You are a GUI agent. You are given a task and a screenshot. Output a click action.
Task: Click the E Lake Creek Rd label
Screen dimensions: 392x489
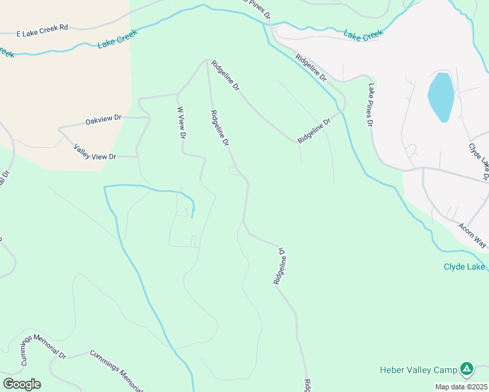click(42, 31)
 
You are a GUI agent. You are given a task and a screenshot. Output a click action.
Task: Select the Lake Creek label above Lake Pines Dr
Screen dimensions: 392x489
click(363, 35)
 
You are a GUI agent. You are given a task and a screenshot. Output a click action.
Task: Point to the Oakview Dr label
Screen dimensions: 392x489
click(104, 120)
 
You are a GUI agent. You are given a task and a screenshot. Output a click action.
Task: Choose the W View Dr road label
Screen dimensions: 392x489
click(182, 122)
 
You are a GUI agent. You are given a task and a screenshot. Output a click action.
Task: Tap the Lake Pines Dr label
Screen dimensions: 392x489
click(370, 105)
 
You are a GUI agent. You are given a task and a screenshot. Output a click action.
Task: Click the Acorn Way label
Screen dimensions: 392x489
click(471, 235)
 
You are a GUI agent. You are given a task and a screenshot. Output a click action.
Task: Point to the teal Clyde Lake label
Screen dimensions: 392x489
click(464, 267)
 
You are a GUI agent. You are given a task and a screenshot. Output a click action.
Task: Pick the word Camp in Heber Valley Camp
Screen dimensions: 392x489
click(443, 370)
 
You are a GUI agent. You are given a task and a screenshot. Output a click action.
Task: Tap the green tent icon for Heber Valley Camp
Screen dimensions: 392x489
click(466, 369)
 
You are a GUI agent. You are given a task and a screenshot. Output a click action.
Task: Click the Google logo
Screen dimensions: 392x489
click(22, 384)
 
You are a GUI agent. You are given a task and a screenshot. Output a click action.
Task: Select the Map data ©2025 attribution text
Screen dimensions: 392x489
click(461, 387)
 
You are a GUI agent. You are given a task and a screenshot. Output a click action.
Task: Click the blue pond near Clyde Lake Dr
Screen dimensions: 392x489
click(441, 97)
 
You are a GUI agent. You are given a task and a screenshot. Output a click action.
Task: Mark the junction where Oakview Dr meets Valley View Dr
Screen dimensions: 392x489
click(60, 129)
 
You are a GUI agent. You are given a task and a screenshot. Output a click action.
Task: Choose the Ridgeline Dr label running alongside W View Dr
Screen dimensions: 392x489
click(220, 127)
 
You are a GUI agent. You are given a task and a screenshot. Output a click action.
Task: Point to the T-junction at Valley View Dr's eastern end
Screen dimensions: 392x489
click(137, 157)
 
